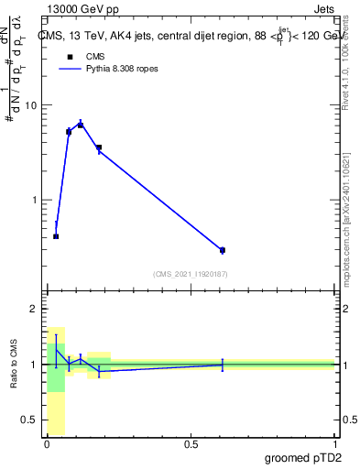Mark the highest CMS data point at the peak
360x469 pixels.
tap(81, 125)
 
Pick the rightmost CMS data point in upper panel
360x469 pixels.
tap(223, 250)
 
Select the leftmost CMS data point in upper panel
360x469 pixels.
tap(56, 236)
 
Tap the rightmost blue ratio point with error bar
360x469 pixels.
tap(223, 365)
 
